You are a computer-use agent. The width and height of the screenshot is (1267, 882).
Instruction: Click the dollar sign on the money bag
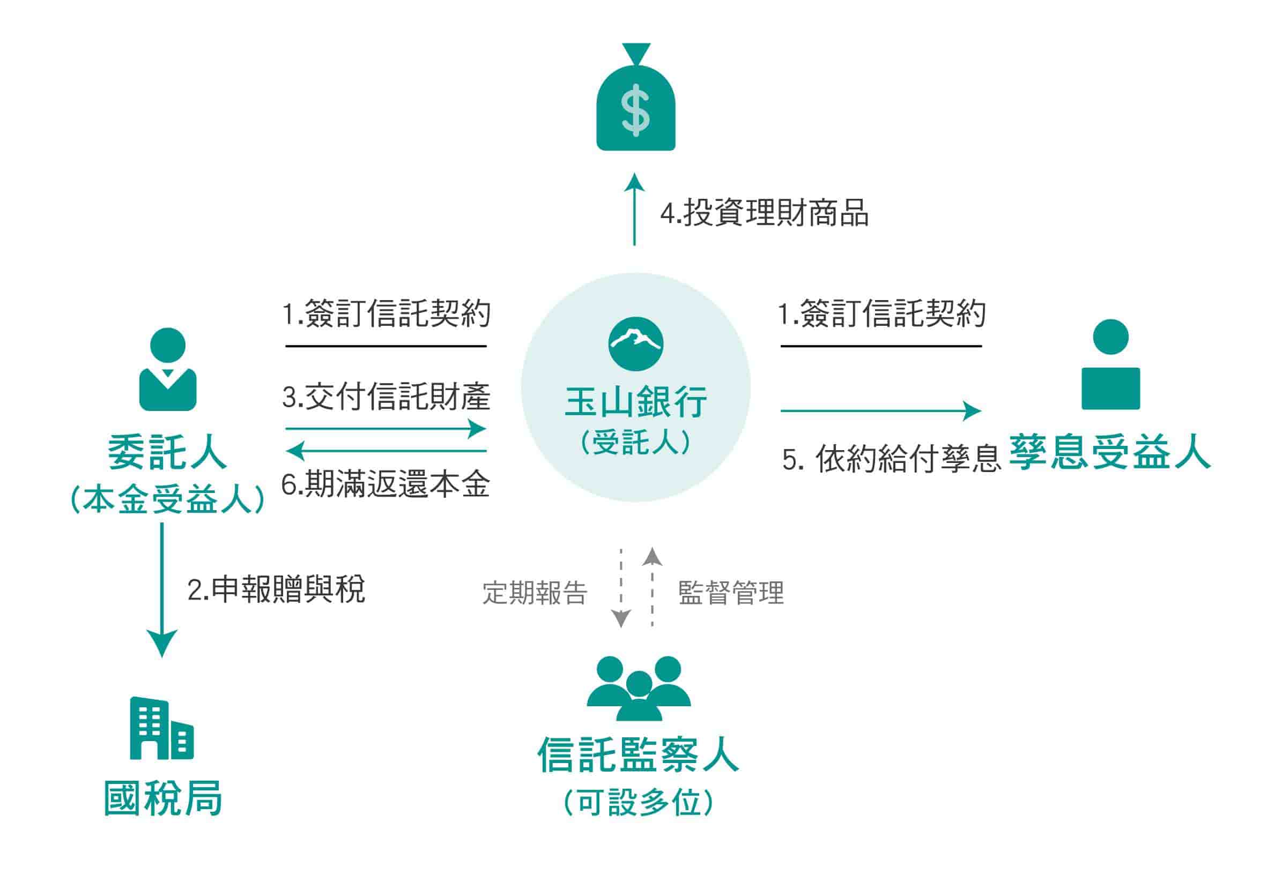pyautogui.click(x=635, y=110)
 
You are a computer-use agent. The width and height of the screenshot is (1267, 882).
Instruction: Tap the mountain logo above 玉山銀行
pyautogui.click(x=636, y=343)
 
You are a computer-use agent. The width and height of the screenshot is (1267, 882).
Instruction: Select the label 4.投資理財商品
pyautogui.click(x=764, y=213)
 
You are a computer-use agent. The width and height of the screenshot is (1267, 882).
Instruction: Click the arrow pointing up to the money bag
pyautogui.click(x=635, y=209)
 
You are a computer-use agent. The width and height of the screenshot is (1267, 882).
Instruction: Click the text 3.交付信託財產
pyautogui.click(x=386, y=397)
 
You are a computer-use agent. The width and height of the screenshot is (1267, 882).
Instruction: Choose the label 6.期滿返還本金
pyautogui.click(x=386, y=484)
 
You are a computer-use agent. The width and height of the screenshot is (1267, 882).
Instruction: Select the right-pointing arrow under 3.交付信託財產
pyautogui.click(x=386, y=428)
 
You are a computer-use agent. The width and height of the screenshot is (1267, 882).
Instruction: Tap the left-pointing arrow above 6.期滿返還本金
pyautogui.click(x=386, y=451)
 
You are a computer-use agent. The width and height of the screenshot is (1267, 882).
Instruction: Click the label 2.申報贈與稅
pyautogui.click(x=276, y=589)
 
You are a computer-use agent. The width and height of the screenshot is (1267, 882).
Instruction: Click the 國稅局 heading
pyautogui.click(x=163, y=798)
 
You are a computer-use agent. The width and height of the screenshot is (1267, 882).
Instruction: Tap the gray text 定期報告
pyautogui.click(x=535, y=593)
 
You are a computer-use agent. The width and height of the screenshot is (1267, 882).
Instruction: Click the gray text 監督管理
pyautogui.click(x=731, y=593)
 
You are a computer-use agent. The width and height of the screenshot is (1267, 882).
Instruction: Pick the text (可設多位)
pyautogui.click(x=639, y=802)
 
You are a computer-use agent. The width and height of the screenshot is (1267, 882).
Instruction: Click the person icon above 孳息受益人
pyautogui.click(x=1110, y=364)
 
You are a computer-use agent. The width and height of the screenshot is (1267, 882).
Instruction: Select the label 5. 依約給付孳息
pyautogui.click(x=891, y=458)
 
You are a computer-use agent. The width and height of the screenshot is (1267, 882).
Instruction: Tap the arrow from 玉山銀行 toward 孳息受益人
pyautogui.click(x=881, y=410)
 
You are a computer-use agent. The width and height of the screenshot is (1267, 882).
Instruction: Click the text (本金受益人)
pyautogui.click(x=168, y=500)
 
